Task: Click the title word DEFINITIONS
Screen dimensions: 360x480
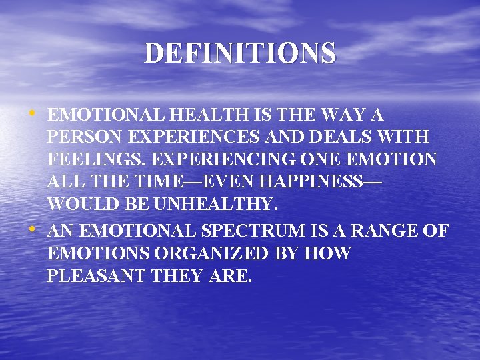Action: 240,53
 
